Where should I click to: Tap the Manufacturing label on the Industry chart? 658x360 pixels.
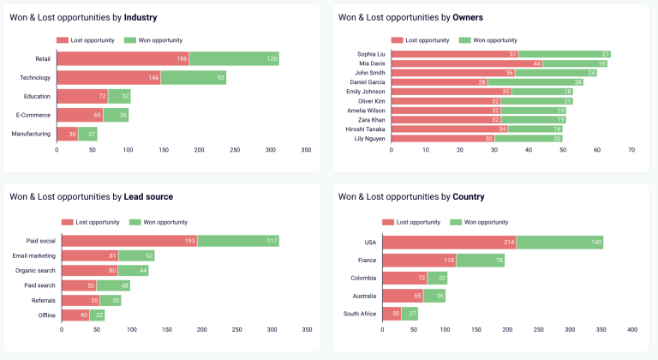[32, 134]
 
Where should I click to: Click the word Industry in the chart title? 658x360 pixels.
[141, 17]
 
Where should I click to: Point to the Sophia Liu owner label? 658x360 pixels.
[372, 54]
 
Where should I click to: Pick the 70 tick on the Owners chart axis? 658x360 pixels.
[631, 149]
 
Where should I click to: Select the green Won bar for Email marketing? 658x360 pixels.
[136, 255]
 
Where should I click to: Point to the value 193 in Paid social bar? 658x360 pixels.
[191, 241]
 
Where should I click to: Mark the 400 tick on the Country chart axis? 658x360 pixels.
[631, 329]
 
